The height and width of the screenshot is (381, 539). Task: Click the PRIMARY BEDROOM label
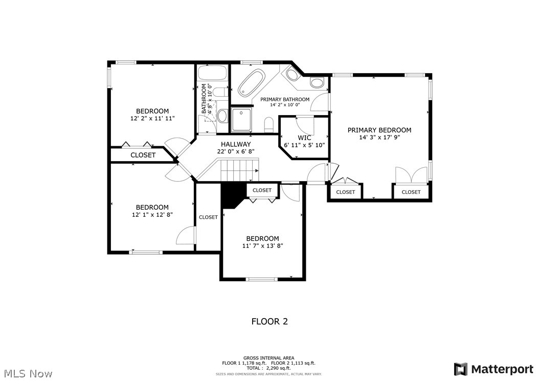[379, 130]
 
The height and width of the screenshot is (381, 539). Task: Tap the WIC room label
[304, 138]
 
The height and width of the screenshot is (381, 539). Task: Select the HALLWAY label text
[236, 144]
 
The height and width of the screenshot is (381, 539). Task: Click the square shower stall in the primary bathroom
[241, 119]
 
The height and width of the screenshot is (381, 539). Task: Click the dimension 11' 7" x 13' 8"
[262, 246]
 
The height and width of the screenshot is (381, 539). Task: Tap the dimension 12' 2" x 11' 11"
[152, 118]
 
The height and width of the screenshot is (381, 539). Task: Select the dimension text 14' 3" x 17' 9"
[379, 138]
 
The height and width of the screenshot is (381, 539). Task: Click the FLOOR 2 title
[269, 322]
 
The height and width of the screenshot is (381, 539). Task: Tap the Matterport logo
[493, 369]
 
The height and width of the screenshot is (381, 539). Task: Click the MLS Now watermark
[27, 374]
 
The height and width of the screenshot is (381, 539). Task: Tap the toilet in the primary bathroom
[269, 124]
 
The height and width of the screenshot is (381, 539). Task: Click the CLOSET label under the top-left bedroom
[143, 155]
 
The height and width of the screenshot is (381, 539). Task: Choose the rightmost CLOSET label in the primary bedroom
[411, 192]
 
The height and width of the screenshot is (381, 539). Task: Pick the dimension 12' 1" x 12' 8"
[152, 215]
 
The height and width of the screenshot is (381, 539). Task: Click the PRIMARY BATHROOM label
[285, 99]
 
